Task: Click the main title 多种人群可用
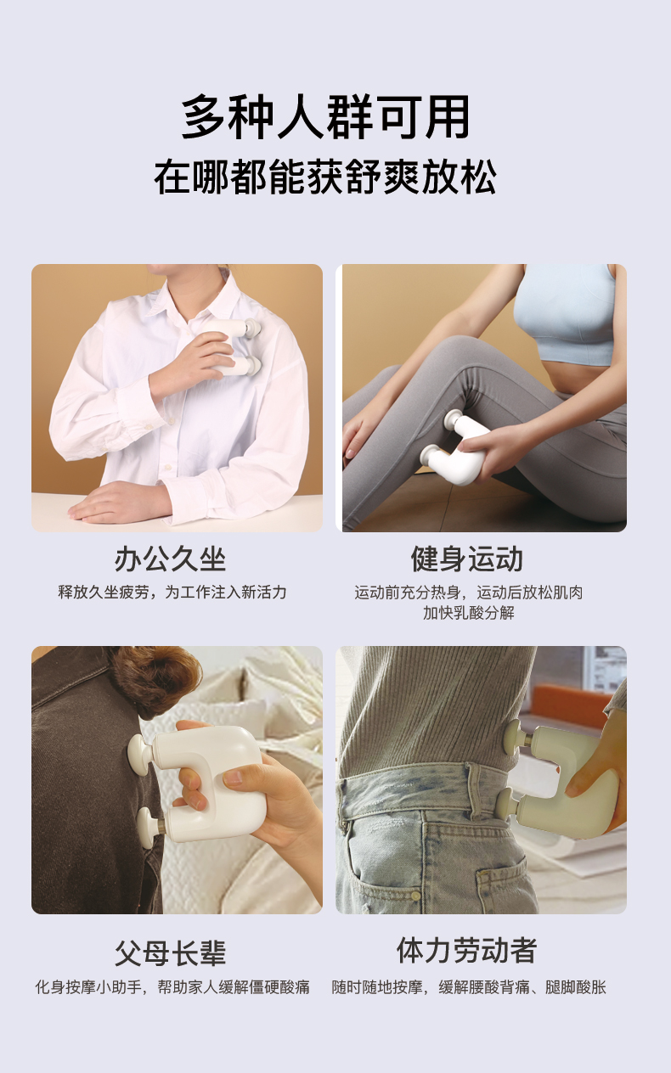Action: (x=326, y=117)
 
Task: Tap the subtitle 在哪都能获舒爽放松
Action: (x=325, y=177)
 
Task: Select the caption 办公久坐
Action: (x=170, y=559)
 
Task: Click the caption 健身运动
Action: (x=467, y=559)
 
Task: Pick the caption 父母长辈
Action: (x=170, y=953)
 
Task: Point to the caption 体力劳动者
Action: (x=467, y=951)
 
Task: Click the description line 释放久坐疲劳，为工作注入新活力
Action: (x=172, y=593)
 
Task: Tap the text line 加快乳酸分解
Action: (x=468, y=613)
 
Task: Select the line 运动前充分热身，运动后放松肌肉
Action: (x=468, y=593)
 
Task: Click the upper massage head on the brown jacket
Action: (x=140, y=755)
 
